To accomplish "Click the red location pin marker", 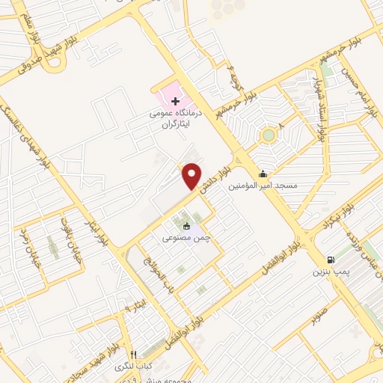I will (192, 176).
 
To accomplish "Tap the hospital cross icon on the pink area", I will (175, 100).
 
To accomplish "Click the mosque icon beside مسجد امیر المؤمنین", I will (263, 175).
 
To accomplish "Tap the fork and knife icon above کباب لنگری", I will (133, 355).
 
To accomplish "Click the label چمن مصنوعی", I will (186, 238).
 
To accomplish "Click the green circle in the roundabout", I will (267, 135).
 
